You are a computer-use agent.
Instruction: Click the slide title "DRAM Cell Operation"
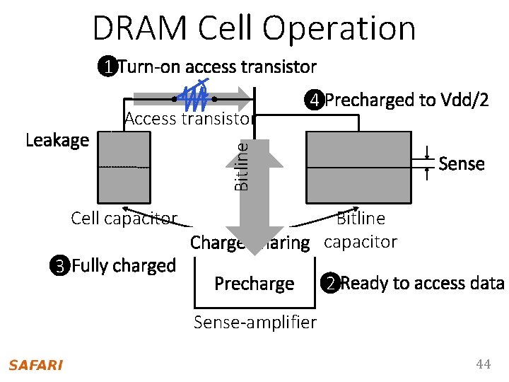(254, 28)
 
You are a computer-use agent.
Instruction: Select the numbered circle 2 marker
(329, 284)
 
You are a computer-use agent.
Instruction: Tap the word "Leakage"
(57, 140)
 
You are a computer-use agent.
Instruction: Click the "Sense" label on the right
(461, 164)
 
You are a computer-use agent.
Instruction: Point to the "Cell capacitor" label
(124, 218)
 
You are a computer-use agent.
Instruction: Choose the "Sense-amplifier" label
(255, 323)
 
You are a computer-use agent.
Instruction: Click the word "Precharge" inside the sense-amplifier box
(254, 284)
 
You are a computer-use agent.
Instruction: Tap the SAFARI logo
(35, 365)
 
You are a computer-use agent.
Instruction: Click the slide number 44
(483, 364)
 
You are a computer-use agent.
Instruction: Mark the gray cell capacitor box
(124, 168)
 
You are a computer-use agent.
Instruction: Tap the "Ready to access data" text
(422, 284)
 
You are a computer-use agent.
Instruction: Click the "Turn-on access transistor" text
(216, 67)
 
